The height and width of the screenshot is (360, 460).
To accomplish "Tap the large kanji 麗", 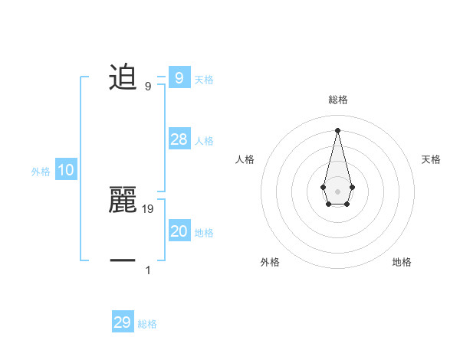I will click(x=123, y=201).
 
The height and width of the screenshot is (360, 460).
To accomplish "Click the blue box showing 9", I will click(x=179, y=77).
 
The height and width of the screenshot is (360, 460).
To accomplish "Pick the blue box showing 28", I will click(x=179, y=139).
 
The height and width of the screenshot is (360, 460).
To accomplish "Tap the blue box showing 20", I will click(x=179, y=231).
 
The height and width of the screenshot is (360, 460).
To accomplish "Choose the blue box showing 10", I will click(x=66, y=170).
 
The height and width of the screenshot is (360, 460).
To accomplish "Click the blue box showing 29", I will click(x=123, y=322).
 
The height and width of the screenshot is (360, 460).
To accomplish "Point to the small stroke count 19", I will click(x=148, y=208).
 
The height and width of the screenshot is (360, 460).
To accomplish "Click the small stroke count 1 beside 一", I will click(x=148, y=270).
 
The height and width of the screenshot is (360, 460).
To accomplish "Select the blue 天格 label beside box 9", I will click(x=204, y=79).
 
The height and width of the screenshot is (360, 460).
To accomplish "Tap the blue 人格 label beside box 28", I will click(x=204, y=141).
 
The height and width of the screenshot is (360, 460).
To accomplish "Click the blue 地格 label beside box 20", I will click(x=204, y=233).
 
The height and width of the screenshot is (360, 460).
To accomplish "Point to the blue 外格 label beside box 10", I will click(x=41, y=172).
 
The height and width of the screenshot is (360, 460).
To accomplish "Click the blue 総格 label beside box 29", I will click(x=147, y=324).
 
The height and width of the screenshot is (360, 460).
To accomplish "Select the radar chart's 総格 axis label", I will click(x=337, y=100).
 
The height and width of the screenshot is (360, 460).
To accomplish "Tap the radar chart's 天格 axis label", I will click(x=431, y=159).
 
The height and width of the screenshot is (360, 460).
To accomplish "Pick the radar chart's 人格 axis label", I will click(x=245, y=159).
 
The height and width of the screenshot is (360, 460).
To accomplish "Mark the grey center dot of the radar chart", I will click(x=337, y=191).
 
